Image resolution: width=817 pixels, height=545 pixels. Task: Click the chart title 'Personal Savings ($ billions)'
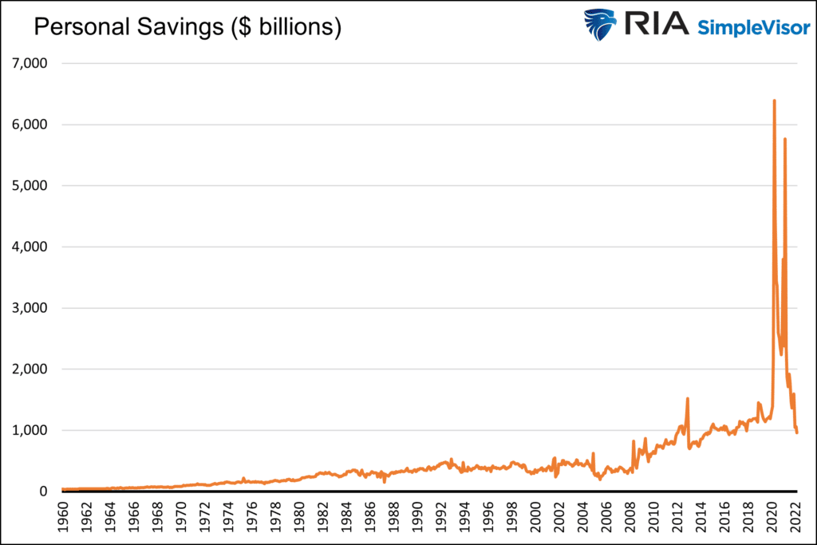click(187, 27)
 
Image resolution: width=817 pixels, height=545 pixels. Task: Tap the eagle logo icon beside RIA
click(599, 24)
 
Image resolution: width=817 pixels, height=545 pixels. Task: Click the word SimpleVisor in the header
click(753, 28)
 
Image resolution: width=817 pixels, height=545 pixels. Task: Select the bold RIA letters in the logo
click(656, 23)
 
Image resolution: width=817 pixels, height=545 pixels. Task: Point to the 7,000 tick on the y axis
click(30, 64)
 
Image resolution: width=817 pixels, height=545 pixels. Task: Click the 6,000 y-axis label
click(30, 124)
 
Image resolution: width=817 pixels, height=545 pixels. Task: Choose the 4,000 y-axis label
click(30, 247)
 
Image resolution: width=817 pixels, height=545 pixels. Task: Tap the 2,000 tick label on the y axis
click(30, 369)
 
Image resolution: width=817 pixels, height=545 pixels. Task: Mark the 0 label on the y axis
click(43, 492)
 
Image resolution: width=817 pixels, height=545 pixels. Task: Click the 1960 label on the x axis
click(63, 517)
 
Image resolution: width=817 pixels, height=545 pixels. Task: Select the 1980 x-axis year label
click(299, 517)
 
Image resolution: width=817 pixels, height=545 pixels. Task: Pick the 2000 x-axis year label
click(535, 517)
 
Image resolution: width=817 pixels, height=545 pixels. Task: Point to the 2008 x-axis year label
click(630, 517)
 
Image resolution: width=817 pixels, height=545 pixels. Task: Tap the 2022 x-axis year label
click(795, 517)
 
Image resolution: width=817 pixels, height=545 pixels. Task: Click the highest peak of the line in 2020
click(774, 101)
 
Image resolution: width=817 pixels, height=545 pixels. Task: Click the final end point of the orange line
click(797, 432)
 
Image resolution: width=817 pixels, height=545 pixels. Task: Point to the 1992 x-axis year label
click(441, 517)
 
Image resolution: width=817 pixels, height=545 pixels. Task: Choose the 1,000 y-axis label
click(30, 430)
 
